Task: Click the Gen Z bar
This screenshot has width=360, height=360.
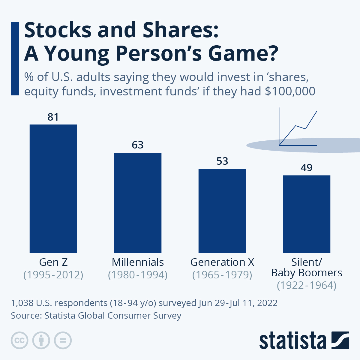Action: (53, 189)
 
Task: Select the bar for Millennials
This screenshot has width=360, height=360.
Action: (138, 203)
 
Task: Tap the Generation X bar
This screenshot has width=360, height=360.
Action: (222, 211)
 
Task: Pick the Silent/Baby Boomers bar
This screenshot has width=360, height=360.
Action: (307, 214)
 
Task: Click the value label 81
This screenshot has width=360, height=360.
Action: (53, 117)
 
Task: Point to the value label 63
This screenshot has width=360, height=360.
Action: (138, 145)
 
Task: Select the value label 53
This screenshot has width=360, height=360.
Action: (222, 161)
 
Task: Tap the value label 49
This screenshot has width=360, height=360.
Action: (307, 168)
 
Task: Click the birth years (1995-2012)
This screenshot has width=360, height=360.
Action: (53, 275)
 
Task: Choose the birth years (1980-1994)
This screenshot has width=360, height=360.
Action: (138, 275)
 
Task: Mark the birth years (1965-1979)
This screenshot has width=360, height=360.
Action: (222, 275)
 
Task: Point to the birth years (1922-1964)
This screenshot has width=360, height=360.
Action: (307, 285)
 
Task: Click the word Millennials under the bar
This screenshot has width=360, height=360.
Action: (138, 262)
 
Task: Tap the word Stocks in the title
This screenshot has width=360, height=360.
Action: (58, 30)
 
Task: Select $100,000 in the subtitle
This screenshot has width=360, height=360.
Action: (290, 91)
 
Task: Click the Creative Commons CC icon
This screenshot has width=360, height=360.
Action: (19, 340)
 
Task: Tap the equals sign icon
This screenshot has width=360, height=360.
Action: (63, 340)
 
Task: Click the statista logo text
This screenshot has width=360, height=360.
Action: (292, 341)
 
